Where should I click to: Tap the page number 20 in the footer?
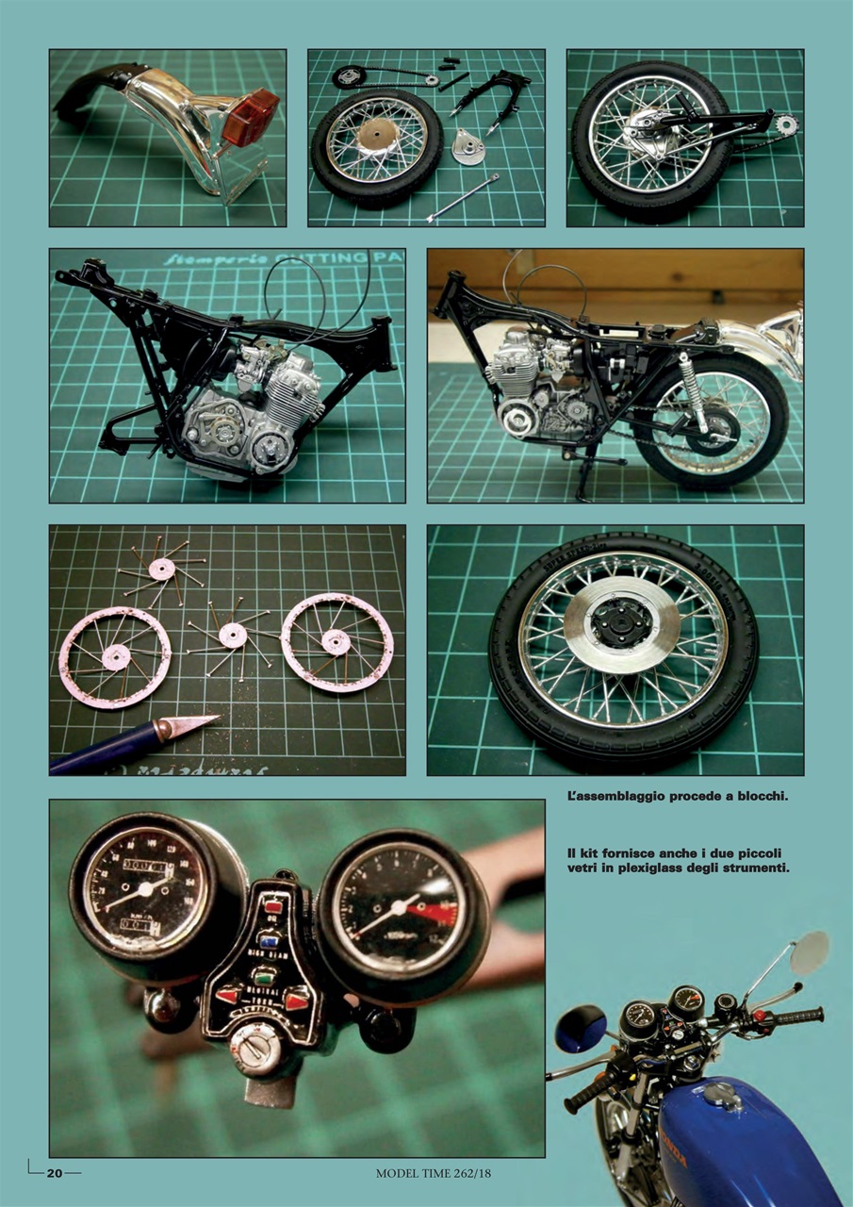click(x=55, y=1173)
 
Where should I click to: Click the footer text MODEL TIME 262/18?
click(x=433, y=1173)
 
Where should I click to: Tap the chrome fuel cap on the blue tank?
click(x=723, y=1094)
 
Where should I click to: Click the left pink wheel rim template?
click(x=115, y=658)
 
